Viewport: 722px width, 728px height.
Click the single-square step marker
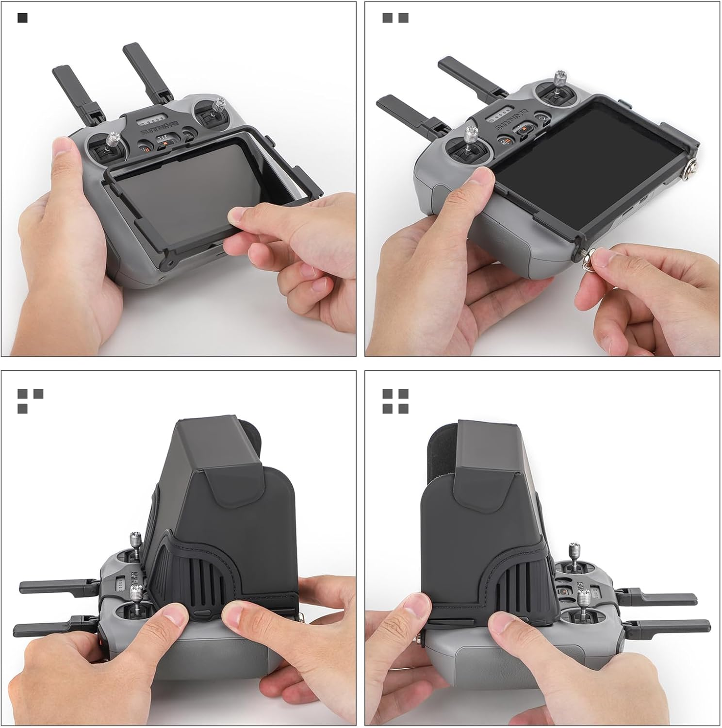[x=22, y=18]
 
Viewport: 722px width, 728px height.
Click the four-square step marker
[x=395, y=401]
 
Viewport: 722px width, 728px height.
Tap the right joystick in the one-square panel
[x=219, y=109]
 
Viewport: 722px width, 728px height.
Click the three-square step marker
[x=30, y=401]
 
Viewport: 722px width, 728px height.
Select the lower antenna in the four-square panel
[x=670, y=626]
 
